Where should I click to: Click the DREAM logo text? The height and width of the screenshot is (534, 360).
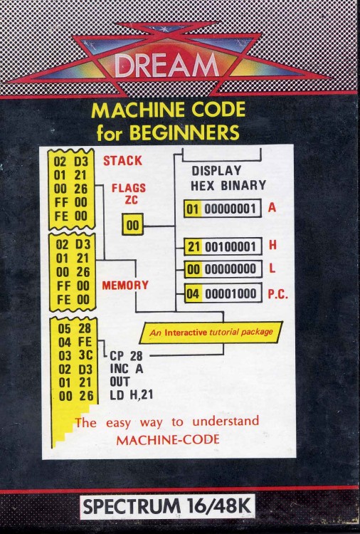click(166, 65)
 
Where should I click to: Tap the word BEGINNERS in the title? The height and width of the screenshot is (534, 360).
click(184, 132)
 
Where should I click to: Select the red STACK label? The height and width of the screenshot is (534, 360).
click(122, 161)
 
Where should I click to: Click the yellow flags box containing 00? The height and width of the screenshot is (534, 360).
click(133, 224)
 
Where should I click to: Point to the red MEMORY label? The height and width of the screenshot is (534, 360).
click(125, 285)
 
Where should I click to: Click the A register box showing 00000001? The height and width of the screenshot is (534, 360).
click(223, 209)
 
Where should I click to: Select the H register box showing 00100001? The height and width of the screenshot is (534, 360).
click(223, 246)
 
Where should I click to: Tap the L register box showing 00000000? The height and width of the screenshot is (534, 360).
click(223, 269)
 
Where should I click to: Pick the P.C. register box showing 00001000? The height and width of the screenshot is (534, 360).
click(223, 293)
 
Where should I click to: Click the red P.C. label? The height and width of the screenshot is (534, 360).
click(277, 294)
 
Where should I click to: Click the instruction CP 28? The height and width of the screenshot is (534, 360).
click(126, 356)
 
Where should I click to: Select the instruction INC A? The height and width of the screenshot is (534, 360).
click(126, 369)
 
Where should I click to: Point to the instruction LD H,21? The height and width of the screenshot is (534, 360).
click(132, 394)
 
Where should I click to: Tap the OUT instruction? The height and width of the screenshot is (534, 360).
click(120, 382)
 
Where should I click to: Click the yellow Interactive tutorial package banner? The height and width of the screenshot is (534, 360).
click(211, 333)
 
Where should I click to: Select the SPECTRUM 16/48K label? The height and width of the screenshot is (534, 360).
click(167, 507)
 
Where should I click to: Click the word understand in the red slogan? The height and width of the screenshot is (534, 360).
click(226, 422)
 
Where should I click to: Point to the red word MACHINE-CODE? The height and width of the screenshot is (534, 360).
click(168, 440)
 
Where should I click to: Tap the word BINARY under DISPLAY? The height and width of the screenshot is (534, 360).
click(243, 186)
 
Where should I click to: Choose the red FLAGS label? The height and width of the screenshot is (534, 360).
click(129, 188)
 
